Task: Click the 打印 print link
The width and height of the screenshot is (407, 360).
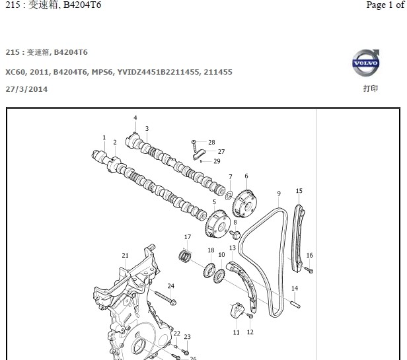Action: tap(371, 88)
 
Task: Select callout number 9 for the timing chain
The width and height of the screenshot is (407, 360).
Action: tap(279, 194)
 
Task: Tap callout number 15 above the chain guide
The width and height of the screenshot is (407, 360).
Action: tap(299, 191)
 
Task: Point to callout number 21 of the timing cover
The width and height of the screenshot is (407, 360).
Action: tap(125, 255)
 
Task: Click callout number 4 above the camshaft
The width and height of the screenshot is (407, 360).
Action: tap(135, 118)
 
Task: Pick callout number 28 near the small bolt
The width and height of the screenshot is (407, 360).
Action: tap(211, 142)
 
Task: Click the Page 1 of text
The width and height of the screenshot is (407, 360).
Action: tap(386, 5)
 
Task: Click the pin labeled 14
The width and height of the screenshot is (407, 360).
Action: tap(295, 305)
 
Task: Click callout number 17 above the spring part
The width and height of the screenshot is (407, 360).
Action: tap(187, 237)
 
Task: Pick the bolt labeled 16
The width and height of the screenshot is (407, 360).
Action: tap(309, 270)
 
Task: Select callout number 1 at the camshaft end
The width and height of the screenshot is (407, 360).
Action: tap(104, 137)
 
